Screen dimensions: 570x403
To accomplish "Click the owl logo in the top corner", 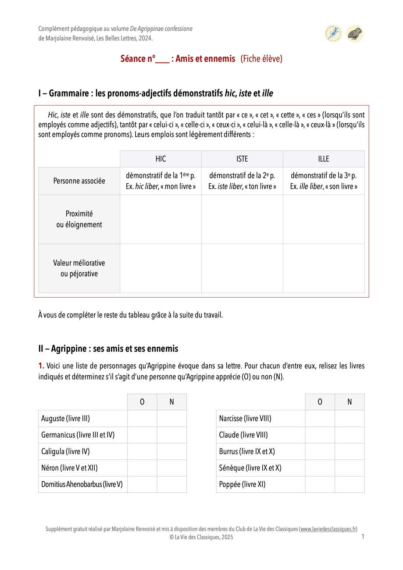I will [355, 34].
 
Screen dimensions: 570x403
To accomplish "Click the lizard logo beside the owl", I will [333, 34].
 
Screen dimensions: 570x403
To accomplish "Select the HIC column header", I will [160, 159].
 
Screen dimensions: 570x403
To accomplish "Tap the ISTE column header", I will [242, 159].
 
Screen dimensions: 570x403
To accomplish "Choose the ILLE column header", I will [324, 159].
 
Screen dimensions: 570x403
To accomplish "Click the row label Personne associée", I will [79, 181].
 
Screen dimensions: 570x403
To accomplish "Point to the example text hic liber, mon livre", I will [160, 186].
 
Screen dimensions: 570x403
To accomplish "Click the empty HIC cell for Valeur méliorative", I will [160, 268].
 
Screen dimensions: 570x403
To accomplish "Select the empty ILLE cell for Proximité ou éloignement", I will [324, 219].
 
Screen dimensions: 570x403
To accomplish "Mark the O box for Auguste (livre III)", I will [142, 419].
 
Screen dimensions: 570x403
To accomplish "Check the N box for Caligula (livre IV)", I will [172, 452].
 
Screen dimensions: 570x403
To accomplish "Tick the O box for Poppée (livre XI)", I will [320, 484].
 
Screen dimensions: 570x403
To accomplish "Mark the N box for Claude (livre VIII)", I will [350, 435].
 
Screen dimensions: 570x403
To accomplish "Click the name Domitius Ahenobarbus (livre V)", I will [82, 484].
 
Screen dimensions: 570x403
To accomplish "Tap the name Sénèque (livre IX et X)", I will [250, 468].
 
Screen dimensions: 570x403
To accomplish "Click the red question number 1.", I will [41, 366].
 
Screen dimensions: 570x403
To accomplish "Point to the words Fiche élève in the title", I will [261, 59].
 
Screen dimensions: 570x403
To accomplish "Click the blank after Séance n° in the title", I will [162, 60].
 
